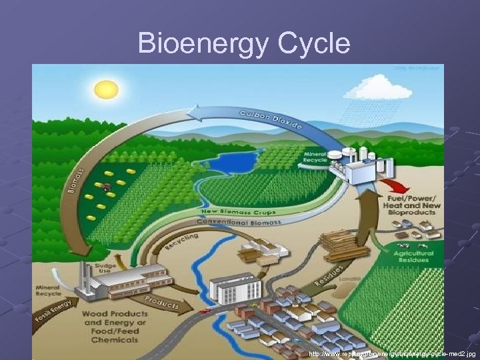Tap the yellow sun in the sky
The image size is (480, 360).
point(105,89)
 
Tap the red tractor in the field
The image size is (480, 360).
point(106,187)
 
